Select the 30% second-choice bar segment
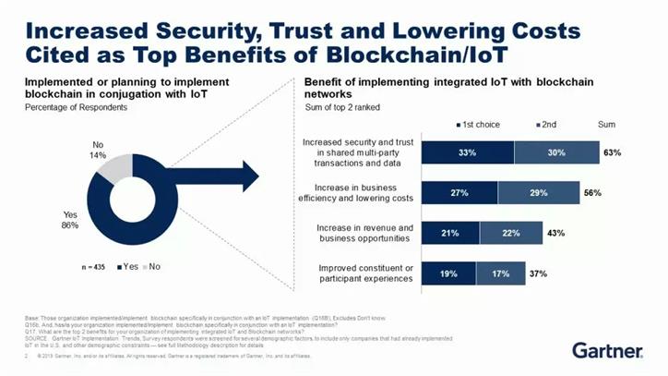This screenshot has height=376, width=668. coord(555,152)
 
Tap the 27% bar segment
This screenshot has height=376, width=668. coord(459,192)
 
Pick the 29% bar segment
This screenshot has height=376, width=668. coord(537,192)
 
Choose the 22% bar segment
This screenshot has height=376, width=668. coord(511,233)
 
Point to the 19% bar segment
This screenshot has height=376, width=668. coord(449,273)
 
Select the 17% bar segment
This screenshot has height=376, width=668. coord(499,273)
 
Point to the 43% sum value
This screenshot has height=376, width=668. coord(556,233)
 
